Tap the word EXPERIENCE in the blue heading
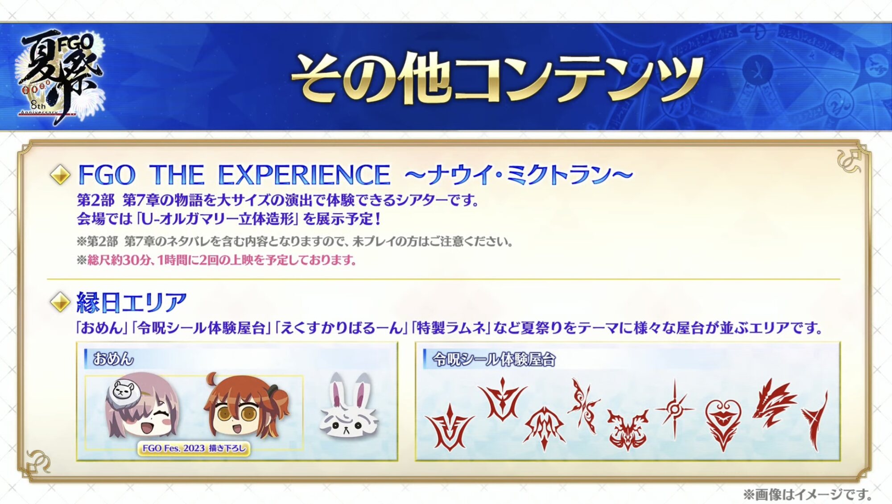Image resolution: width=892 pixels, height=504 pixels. tap(304, 174)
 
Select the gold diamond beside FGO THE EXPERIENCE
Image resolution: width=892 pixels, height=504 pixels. tap(60, 174)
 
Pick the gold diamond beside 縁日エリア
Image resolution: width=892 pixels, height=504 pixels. tap(60, 302)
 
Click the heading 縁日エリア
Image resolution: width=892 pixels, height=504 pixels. tap(132, 302)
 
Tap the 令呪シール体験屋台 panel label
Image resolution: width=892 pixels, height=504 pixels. tap(494, 359)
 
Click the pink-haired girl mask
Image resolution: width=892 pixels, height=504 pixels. tap(143, 406)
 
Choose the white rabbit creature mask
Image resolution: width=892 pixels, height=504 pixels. tap(349, 406)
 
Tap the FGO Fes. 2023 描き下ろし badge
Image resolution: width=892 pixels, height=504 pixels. tap(194, 448)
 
